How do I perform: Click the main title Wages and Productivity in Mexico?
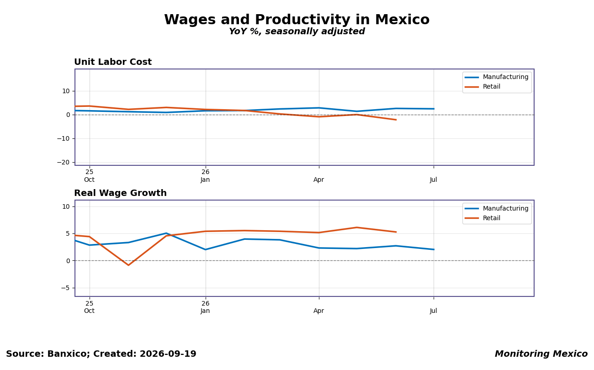[297, 20]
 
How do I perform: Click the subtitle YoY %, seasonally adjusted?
[297, 31]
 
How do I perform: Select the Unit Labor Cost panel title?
[113, 62]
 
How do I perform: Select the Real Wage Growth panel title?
[120, 193]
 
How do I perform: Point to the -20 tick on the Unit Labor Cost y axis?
[64, 162]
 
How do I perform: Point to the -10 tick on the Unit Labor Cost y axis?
[64, 138]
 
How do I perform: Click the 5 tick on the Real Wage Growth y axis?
[68, 233]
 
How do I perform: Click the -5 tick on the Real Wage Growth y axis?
[65, 288]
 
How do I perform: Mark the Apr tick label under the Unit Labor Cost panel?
[319, 180]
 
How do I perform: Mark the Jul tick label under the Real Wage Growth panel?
[433, 311]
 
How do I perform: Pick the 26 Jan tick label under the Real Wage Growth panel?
[205, 307]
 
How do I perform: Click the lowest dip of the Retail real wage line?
[128, 265]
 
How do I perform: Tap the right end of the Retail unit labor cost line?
[396, 120]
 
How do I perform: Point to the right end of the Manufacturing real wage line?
[434, 249]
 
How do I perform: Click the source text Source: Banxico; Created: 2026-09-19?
[101, 354]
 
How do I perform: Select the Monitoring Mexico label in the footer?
[541, 354]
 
